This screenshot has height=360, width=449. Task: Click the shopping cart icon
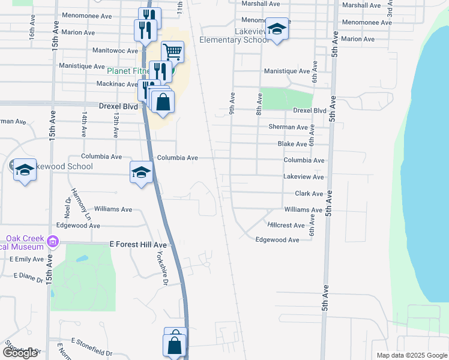(x=172, y=51)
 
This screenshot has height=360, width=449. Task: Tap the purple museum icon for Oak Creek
(x=52, y=242)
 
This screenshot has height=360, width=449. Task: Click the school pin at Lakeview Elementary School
(x=277, y=29)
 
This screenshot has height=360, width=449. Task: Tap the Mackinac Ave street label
(x=117, y=84)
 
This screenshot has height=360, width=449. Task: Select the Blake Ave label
(x=292, y=144)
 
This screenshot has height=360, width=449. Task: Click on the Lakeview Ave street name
(x=303, y=177)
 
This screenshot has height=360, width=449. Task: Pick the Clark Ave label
(x=309, y=194)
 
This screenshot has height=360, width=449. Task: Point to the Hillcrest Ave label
(x=286, y=225)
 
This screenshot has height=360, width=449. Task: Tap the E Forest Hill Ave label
(x=137, y=245)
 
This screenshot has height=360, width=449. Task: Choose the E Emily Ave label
(x=26, y=259)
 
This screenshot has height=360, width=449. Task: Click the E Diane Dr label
(x=29, y=278)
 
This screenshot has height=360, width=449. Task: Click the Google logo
(x=20, y=353)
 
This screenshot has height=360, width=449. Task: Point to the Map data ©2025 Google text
(x=411, y=355)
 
